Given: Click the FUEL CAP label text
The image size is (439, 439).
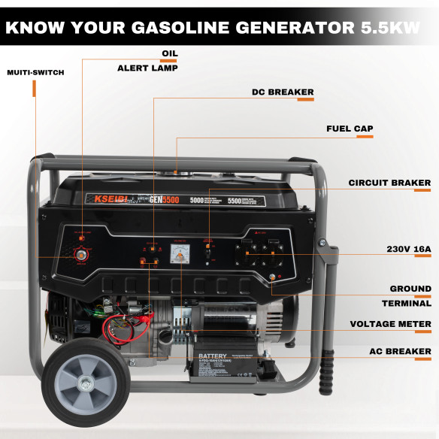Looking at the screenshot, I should click(x=350, y=129).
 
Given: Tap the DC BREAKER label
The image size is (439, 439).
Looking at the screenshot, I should click(x=283, y=92).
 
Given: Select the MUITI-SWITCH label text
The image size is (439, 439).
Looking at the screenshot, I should click(x=35, y=73).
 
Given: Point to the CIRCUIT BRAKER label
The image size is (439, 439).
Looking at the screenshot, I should click(x=389, y=183).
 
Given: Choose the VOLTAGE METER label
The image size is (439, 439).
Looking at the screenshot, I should click(x=390, y=325).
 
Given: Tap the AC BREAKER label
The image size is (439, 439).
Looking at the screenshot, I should click(x=399, y=351).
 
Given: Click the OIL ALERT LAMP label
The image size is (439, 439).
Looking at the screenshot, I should click(x=148, y=61).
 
